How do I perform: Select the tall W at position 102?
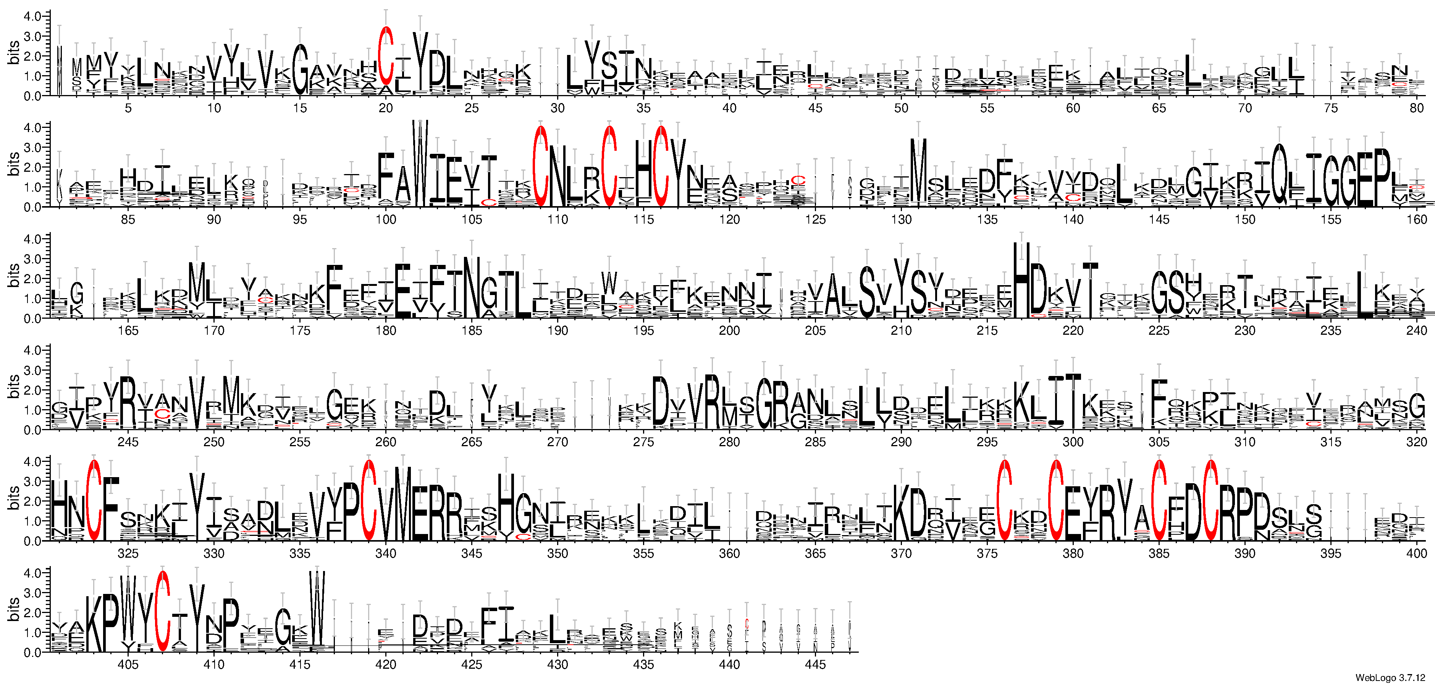420,161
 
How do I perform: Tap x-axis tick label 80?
1416,108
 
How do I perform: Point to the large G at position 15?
300,69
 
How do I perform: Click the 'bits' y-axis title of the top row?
13,53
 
